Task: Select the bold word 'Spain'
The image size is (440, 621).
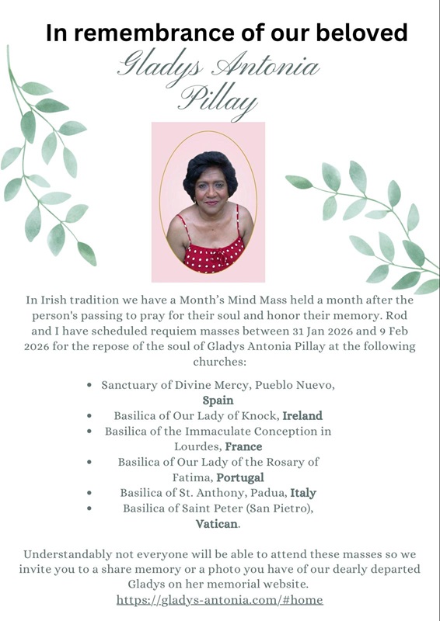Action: click(218, 401)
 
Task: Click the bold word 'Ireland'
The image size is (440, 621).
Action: click(302, 415)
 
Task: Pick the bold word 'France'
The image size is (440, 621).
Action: click(243, 446)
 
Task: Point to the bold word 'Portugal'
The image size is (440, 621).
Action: click(240, 477)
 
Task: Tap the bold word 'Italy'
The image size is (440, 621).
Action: click(303, 493)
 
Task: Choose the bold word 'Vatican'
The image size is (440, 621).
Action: click(217, 524)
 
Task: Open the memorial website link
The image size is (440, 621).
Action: click(219, 600)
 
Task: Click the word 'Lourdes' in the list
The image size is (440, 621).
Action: click(198, 446)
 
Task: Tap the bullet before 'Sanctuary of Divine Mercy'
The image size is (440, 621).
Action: click(91, 385)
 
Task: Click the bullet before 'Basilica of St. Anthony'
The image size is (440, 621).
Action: click(91, 493)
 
